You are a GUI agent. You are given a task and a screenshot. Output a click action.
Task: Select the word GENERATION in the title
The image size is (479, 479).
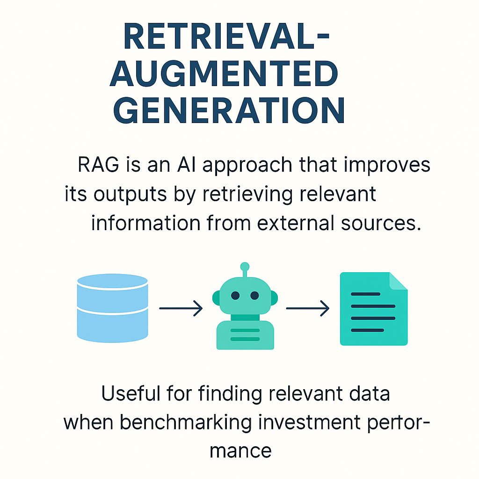tap(229, 110)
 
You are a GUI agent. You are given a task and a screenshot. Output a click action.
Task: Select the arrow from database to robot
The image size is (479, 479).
tap(181, 309)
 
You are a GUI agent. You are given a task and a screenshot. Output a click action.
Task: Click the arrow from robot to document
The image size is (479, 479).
tap(307, 309)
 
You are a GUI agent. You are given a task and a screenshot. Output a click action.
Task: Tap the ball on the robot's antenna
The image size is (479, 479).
tap(245, 267)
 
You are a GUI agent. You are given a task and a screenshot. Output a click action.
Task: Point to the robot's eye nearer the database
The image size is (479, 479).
tap(235, 296)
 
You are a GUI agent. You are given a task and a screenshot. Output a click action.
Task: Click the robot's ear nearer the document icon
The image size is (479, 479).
tap(274, 298)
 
